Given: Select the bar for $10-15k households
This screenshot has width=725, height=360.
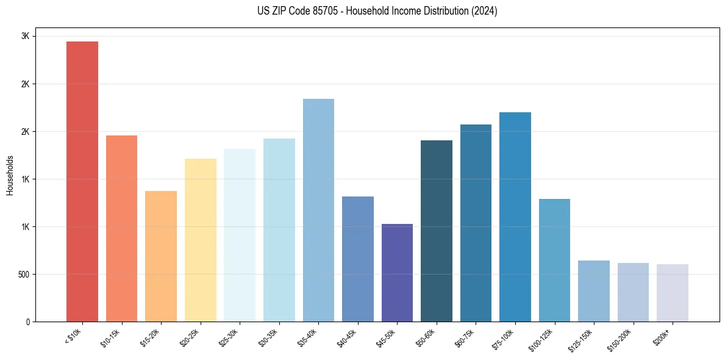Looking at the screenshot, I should pos(121,228).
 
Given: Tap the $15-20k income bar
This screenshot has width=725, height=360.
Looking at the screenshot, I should pos(161,256).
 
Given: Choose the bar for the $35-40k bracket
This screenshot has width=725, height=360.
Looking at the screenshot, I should pos(318,210).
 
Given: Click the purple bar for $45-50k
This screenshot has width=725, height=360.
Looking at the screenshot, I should pos(397,273).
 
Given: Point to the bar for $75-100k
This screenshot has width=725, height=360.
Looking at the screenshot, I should pos(515,217).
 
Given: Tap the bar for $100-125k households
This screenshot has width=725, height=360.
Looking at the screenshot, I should pos(554,260).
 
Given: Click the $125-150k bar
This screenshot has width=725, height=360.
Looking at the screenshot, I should pos(594,291).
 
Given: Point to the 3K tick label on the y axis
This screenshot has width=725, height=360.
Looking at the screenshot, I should pos(25,36).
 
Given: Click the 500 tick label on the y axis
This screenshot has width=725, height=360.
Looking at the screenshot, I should pos(23,274).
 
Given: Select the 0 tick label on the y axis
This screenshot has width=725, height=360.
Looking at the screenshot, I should pos(27,322).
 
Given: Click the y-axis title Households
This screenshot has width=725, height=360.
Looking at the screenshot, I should pos(10,175).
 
